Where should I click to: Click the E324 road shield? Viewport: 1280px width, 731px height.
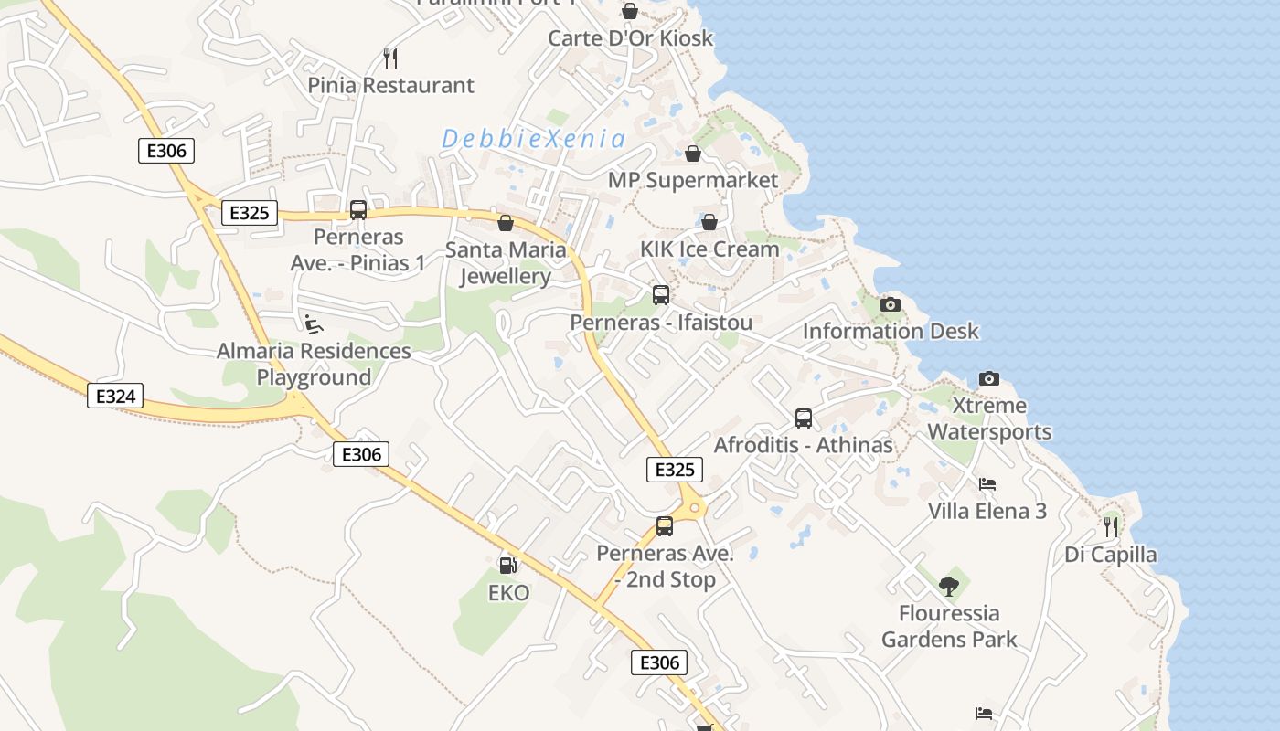(115, 396)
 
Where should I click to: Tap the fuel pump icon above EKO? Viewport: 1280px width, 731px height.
(507, 566)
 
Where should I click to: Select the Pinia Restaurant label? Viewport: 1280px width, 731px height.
(390, 85)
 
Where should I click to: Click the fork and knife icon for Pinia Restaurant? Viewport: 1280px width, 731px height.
(390, 58)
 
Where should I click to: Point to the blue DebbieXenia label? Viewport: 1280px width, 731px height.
(533, 139)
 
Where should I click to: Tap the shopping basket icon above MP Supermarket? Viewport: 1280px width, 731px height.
(693, 153)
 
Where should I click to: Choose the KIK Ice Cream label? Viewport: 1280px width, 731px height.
(709, 249)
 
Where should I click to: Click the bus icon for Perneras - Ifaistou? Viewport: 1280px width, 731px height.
(661, 295)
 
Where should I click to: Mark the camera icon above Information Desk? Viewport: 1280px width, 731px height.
(890, 304)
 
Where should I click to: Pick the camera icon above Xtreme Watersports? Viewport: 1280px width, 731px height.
(988, 378)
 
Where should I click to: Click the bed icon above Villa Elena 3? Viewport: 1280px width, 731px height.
(987, 484)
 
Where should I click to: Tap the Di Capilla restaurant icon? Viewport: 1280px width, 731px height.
(1110, 526)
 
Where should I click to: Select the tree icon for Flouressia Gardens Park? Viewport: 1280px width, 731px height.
(949, 586)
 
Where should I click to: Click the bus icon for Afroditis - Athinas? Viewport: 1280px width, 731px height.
(804, 418)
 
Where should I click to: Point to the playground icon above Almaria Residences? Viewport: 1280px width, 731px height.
(313, 323)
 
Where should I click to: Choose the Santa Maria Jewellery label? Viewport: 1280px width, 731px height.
(506, 263)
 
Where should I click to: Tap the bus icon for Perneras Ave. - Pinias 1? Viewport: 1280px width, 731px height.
(358, 210)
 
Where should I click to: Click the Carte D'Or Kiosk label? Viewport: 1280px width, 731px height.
(630, 38)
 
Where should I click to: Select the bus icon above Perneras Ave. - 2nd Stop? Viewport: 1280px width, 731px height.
(665, 526)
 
